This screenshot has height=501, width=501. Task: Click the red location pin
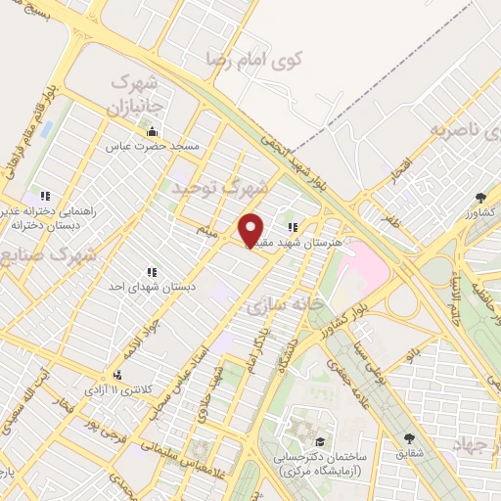click(x=251, y=230)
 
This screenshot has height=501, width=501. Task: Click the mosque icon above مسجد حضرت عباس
click(x=151, y=132)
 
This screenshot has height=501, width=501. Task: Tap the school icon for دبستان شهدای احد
click(x=151, y=271)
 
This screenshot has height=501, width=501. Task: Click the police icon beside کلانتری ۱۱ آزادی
click(x=118, y=376)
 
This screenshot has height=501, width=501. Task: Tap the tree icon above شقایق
click(x=409, y=438)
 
